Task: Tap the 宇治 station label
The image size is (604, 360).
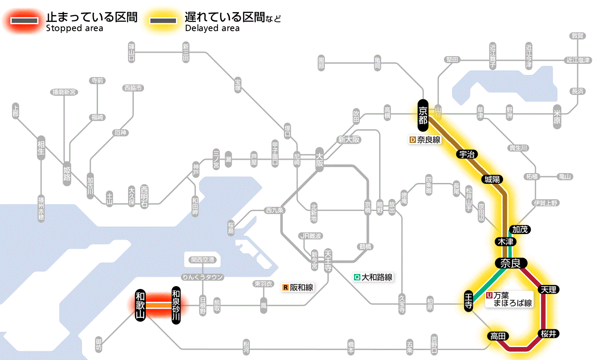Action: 467,155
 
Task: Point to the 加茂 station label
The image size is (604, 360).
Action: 520,229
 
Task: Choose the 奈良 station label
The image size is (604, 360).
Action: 511,263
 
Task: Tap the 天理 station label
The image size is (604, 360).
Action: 548,289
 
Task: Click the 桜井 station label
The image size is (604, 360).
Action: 548,333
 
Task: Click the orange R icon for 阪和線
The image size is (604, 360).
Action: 285,287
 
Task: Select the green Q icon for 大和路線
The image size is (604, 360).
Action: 357,277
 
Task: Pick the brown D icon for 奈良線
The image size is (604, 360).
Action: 412,140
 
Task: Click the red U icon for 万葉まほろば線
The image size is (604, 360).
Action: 489,296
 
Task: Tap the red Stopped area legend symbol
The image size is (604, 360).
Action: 27,21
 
